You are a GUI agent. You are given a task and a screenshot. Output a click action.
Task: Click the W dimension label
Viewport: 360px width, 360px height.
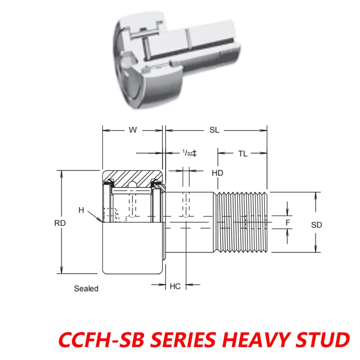point(132,130)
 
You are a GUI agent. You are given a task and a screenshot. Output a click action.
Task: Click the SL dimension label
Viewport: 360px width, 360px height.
point(214,130)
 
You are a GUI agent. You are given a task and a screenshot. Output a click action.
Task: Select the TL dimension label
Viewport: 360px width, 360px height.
point(243,153)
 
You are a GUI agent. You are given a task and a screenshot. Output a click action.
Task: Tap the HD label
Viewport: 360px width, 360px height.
point(217,173)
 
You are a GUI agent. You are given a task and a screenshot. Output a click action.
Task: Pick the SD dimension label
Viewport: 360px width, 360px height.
point(317,225)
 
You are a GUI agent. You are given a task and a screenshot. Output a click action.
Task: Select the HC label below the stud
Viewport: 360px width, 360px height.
point(175,286)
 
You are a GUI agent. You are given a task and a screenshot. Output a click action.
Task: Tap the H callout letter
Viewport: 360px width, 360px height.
point(81,210)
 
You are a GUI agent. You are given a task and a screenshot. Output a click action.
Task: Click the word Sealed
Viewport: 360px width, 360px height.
point(86,289)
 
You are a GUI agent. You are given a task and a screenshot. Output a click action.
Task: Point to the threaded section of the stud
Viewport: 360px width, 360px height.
point(243,222)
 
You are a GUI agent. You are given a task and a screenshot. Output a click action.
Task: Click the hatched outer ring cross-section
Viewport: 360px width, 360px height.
point(133,177)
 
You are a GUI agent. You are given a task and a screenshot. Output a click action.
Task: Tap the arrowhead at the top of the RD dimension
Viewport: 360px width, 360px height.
point(60,173)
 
